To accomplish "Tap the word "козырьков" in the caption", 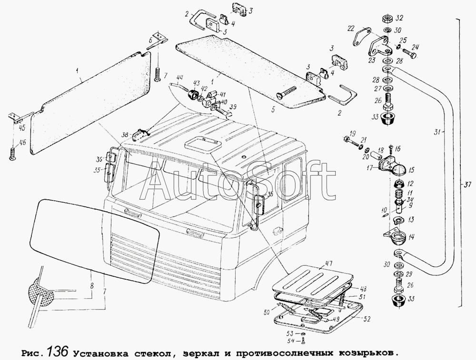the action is click(365, 353).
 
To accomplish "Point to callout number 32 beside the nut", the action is click(399, 18).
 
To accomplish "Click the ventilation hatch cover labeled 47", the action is click(313, 279).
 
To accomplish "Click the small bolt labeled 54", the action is click(303, 341).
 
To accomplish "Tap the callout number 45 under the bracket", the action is click(21, 128).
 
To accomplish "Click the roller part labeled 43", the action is click(192, 94).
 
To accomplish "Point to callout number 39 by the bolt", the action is click(233, 107).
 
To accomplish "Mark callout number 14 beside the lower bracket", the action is click(411, 237).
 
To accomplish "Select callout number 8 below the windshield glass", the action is click(92, 285).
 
